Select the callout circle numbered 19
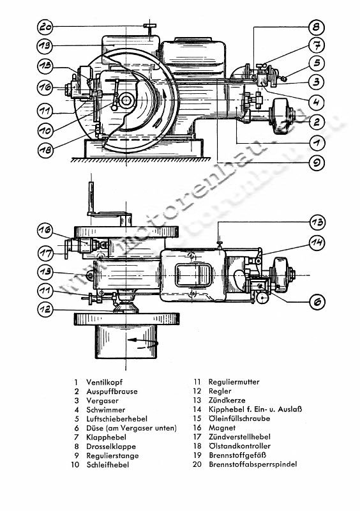point(44,46)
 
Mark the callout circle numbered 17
point(44,250)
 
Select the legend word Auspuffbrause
point(114,391)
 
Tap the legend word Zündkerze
point(228,400)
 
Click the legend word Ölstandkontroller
point(239,446)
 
